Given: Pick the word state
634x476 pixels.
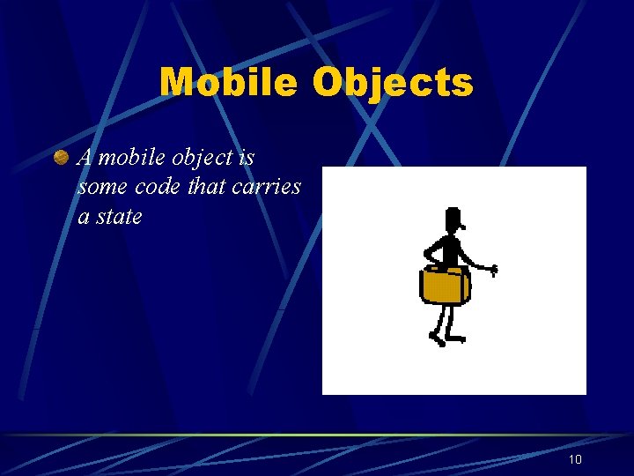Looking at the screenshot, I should click(119, 217).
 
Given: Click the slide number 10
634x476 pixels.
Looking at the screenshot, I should click(575, 459).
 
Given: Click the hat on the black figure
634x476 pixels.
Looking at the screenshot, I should click(453, 216).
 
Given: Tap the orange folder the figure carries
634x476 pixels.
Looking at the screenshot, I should click(445, 285).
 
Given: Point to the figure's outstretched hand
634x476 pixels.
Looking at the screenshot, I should click(493, 270).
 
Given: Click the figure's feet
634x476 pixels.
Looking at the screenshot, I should click(445, 338).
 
